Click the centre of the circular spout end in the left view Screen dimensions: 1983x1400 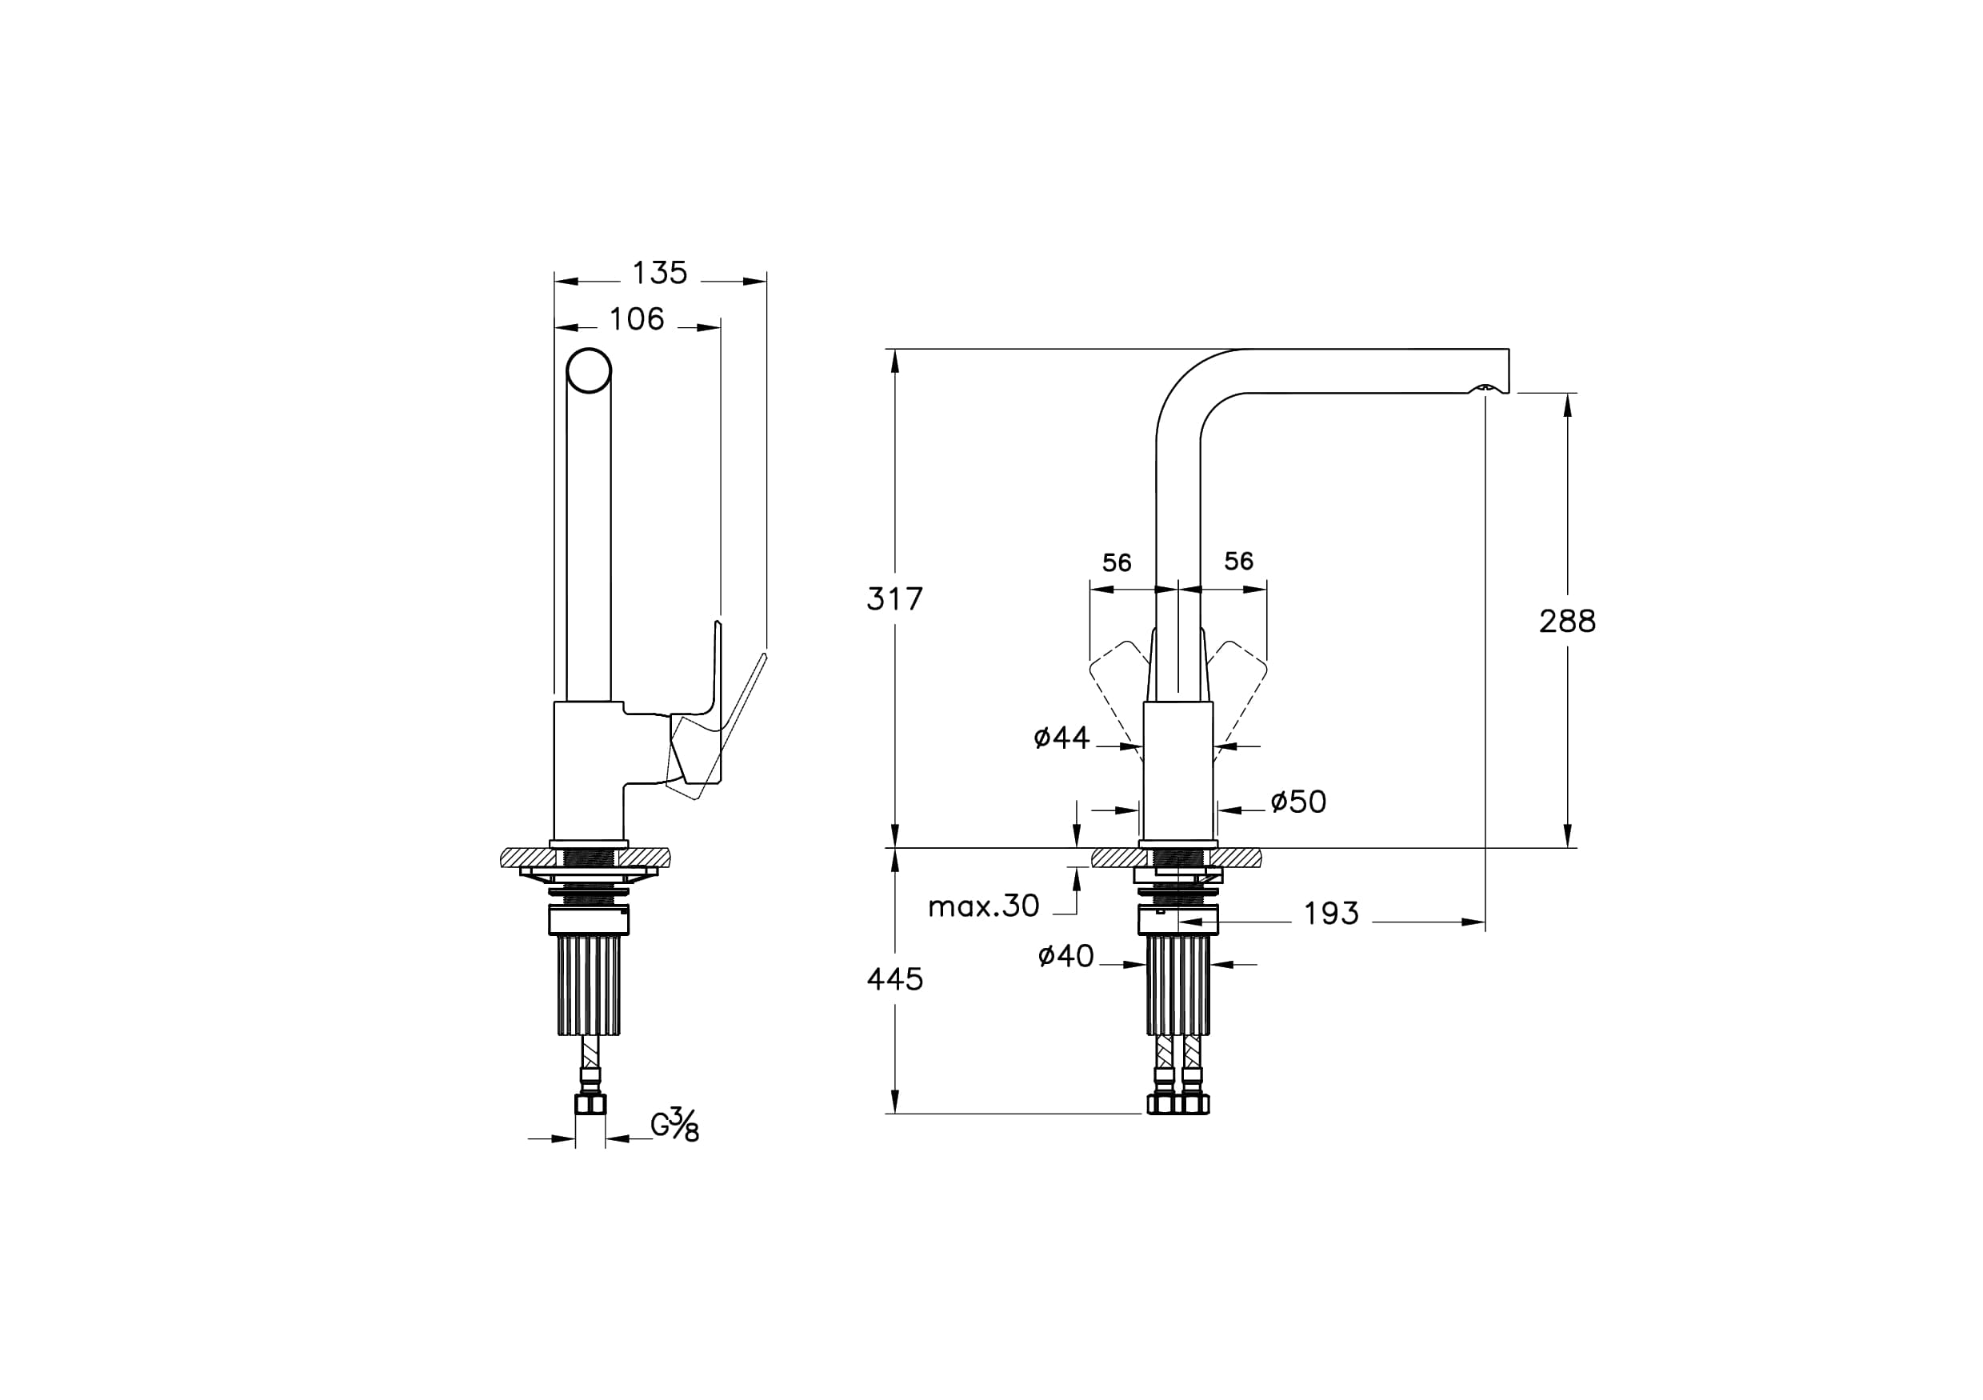pyautogui.click(x=589, y=371)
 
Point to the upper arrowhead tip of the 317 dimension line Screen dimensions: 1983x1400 pyautogui.click(x=895, y=350)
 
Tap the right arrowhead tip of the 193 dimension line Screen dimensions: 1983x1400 pyautogui.click(x=1485, y=922)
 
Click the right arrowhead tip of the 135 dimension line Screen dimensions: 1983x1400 pyautogui.click(x=767, y=281)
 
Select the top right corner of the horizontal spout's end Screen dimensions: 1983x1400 pyautogui.click(x=1509, y=349)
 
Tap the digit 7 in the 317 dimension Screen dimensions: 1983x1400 pyautogui.click(x=914, y=598)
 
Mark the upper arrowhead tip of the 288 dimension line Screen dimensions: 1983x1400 pyautogui.click(x=1568, y=394)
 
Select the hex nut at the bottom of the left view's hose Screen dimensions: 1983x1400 pyautogui.click(x=591, y=1104)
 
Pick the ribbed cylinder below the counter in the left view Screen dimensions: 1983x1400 pyautogui.click(x=589, y=986)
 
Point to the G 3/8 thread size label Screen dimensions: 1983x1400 pyautogui.click(x=674, y=1125)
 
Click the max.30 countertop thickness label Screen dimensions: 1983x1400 pyautogui.click(x=984, y=906)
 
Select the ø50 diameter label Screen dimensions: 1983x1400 pyautogui.click(x=1298, y=802)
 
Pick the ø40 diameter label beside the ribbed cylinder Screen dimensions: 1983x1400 pyautogui.click(x=1065, y=956)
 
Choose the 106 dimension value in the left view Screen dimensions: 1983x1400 pyautogui.click(x=638, y=319)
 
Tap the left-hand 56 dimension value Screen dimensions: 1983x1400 pyautogui.click(x=1117, y=563)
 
